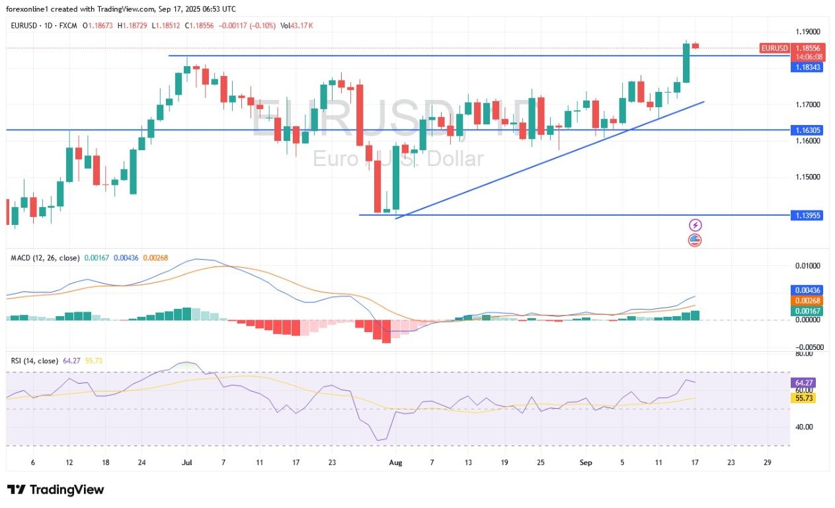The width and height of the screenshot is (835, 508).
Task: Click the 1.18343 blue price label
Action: (807, 67)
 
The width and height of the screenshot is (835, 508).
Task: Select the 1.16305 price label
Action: (807, 131)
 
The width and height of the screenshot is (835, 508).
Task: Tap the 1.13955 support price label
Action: (807, 215)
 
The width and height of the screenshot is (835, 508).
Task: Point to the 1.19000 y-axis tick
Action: (807, 32)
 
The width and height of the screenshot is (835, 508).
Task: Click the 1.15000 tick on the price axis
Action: (807, 177)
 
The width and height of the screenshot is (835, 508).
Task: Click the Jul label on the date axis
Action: (186, 462)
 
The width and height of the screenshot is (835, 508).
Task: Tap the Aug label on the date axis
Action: (395, 462)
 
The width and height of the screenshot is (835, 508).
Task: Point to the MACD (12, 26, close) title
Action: (45, 258)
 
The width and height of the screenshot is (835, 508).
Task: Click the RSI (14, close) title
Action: (34, 360)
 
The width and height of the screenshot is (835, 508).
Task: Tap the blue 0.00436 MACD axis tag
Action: (807, 290)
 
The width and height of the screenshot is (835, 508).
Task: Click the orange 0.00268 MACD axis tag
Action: (807, 301)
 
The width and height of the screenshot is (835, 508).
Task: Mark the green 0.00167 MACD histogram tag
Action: (807, 311)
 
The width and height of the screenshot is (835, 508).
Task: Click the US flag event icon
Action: (695, 240)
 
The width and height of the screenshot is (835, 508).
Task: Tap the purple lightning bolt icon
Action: (695, 226)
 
